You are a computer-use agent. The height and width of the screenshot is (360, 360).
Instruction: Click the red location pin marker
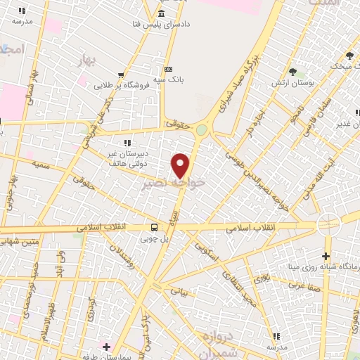(181, 165)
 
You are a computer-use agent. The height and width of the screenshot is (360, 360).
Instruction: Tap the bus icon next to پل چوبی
(154, 226)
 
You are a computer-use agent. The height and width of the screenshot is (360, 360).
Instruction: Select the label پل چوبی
(155, 238)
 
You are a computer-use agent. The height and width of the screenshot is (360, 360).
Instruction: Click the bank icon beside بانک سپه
(168, 69)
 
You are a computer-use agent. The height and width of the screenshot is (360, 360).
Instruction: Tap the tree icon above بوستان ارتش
(292, 72)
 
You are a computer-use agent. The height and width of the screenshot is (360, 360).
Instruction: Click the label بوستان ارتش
(292, 84)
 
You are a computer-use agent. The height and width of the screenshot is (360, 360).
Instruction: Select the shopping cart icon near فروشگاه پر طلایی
(122, 75)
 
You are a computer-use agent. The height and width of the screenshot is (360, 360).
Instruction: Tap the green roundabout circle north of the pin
(202, 129)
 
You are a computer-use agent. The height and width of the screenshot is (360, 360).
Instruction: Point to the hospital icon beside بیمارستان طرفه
(106, 347)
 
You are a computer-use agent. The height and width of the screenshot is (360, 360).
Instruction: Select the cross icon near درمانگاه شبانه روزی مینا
(326, 255)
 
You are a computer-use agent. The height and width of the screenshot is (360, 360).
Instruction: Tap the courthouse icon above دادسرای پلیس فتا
(162, 15)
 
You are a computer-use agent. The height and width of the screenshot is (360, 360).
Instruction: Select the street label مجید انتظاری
(240, 290)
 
